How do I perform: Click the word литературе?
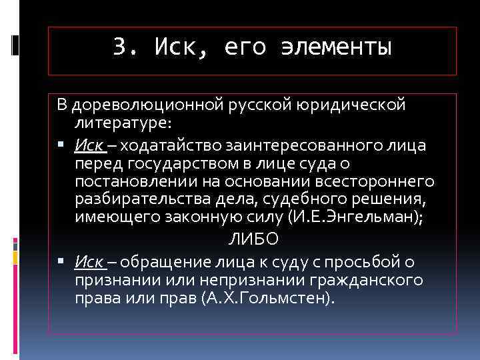click(122, 123)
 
